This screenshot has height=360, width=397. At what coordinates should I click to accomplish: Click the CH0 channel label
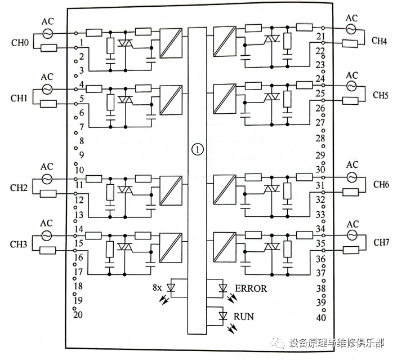pyautogui.click(x=20, y=42)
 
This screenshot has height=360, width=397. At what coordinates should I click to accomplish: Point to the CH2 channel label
pyautogui.click(x=19, y=188)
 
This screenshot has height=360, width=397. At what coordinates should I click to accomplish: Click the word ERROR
pyautogui.click(x=251, y=288)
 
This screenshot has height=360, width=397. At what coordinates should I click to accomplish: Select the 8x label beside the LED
pyautogui.click(x=157, y=287)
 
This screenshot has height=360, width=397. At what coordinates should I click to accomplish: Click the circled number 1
pyautogui.click(x=197, y=149)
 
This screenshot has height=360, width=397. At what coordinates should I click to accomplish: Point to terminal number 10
pyautogui.click(x=78, y=170)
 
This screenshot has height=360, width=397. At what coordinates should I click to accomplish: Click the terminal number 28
pyautogui.click(x=320, y=139)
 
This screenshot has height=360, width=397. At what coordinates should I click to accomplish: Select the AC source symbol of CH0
pyautogui.click(x=47, y=34)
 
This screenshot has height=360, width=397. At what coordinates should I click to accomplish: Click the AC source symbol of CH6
pyautogui.click(x=352, y=177)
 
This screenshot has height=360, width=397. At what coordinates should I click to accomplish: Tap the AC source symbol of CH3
pyautogui.click(x=47, y=234)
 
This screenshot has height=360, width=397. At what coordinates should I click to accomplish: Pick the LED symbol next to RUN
pyautogui.click(x=222, y=315)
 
